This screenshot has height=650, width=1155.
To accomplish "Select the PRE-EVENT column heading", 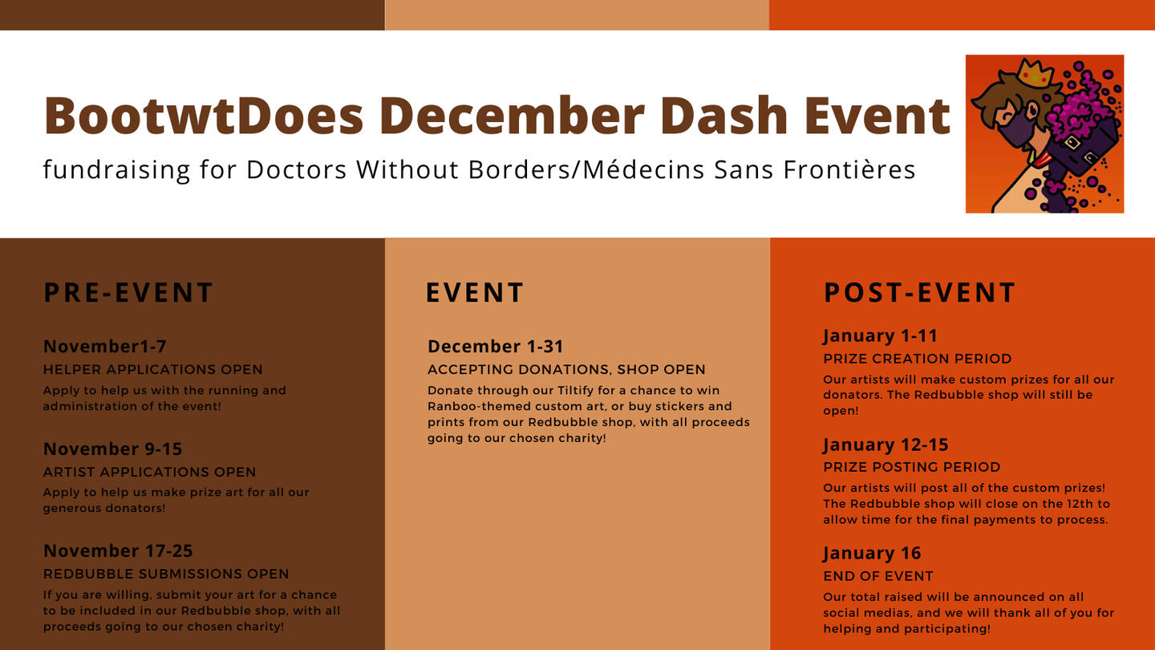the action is (x=128, y=292).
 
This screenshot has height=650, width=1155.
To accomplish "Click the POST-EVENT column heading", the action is (x=920, y=292).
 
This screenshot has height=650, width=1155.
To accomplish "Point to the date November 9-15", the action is (x=113, y=449).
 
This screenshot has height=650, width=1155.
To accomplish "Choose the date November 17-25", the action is (x=118, y=550).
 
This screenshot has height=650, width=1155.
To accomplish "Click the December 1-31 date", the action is (x=496, y=346).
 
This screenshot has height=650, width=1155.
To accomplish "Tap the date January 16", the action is (x=872, y=553).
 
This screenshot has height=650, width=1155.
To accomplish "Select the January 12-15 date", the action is (x=885, y=445).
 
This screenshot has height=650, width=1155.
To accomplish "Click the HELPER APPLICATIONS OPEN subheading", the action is (x=153, y=369).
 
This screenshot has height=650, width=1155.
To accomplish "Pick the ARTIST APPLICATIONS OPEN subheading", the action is (x=149, y=472).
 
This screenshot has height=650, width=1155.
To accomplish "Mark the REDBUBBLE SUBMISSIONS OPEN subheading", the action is (x=166, y=574).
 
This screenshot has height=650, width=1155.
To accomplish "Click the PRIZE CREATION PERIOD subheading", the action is (x=918, y=359).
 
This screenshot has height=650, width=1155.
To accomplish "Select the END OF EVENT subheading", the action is (x=878, y=575).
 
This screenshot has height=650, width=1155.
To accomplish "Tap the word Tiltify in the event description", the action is (x=575, y=391).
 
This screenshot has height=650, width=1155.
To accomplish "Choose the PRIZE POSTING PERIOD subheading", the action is (x=912, y=467).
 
